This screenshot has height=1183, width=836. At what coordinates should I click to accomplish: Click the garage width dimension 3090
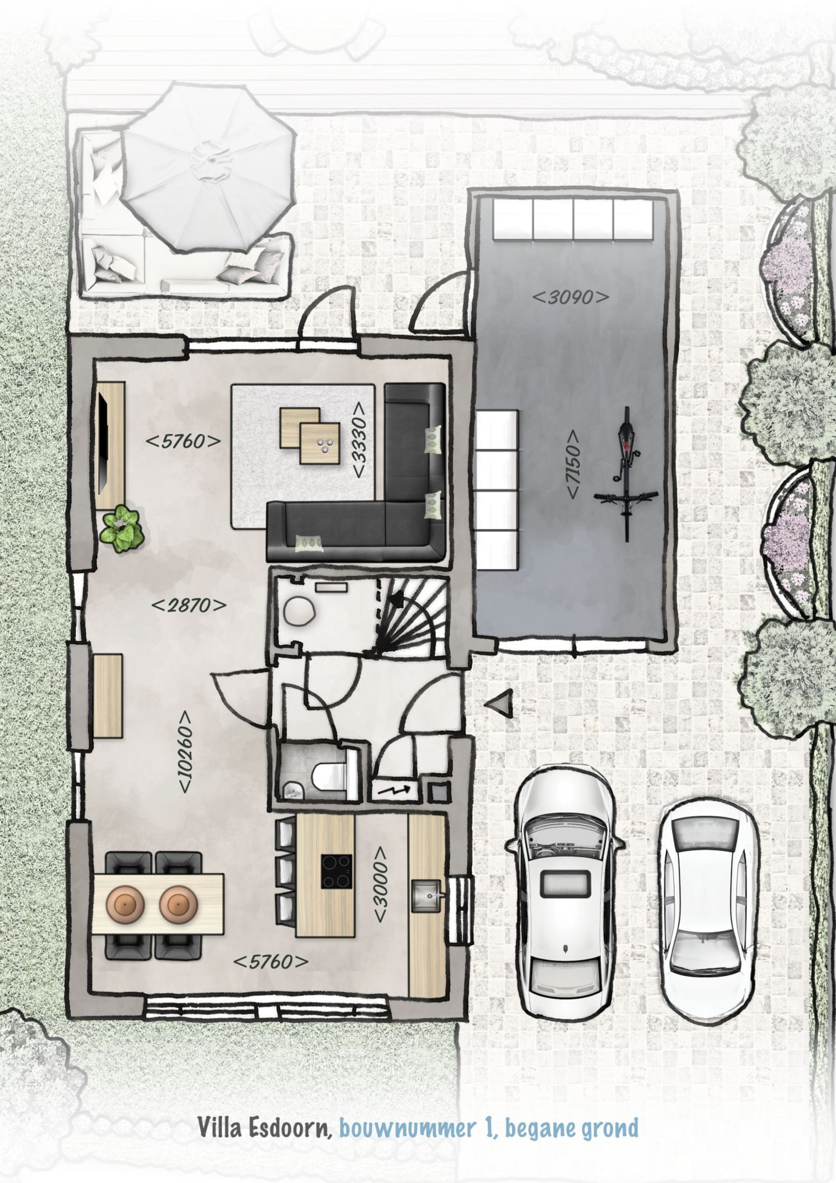tap(570, 297)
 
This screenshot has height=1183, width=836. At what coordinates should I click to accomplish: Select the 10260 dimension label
tap(185, 753)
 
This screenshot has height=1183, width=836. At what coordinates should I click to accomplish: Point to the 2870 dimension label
tap(188, 606)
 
